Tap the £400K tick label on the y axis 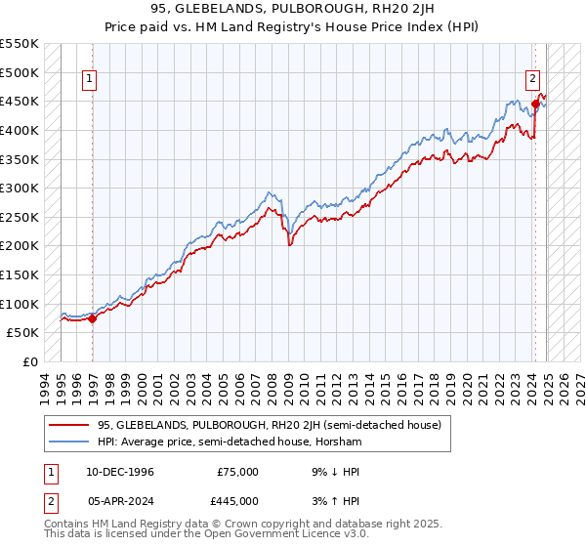click(20, 130)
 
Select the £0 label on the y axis click(30, 362)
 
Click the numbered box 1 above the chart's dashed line click(89, 80)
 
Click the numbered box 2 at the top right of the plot click(533, 80)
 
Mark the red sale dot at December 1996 click(92, 317)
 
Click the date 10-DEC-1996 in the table click(119, 472)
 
